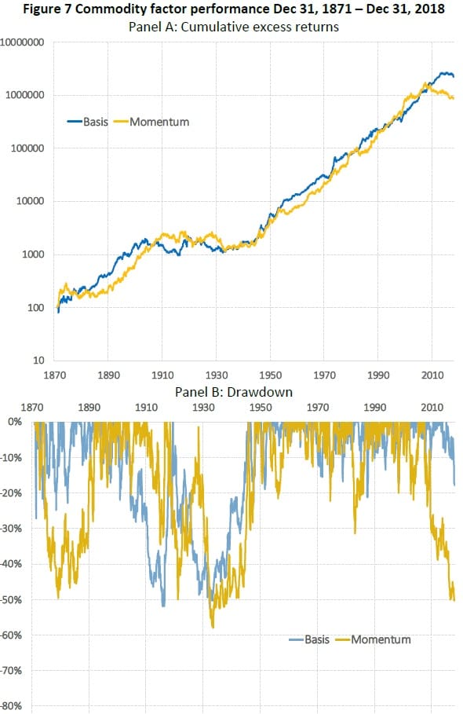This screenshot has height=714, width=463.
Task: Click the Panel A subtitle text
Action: point(234,27)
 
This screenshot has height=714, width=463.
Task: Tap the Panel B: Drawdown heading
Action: point(234,392)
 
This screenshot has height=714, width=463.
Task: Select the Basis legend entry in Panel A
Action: point(88,122)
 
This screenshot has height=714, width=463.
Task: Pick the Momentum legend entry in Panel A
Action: point(151,122)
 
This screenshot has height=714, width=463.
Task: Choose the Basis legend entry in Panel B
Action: point(309,639)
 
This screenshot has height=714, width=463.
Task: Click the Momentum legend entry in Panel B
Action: point(373,639)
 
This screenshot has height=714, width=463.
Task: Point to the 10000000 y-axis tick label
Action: point(22,42)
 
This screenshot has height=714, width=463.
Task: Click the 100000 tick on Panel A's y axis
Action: point(27,148)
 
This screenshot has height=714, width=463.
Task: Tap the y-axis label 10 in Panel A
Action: point(38,361)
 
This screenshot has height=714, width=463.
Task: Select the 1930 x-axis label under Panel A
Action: point(217,375)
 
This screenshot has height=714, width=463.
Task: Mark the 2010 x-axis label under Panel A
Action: point(432,375)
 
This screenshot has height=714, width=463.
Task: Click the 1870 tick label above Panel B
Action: point(32,407)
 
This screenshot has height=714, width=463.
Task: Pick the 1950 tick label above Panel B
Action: point(261,407)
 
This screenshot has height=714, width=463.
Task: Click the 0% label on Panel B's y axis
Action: point(15,422)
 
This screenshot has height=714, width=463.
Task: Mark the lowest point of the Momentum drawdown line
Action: point(213,628)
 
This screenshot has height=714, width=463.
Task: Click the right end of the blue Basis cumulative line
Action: point(454,76)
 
